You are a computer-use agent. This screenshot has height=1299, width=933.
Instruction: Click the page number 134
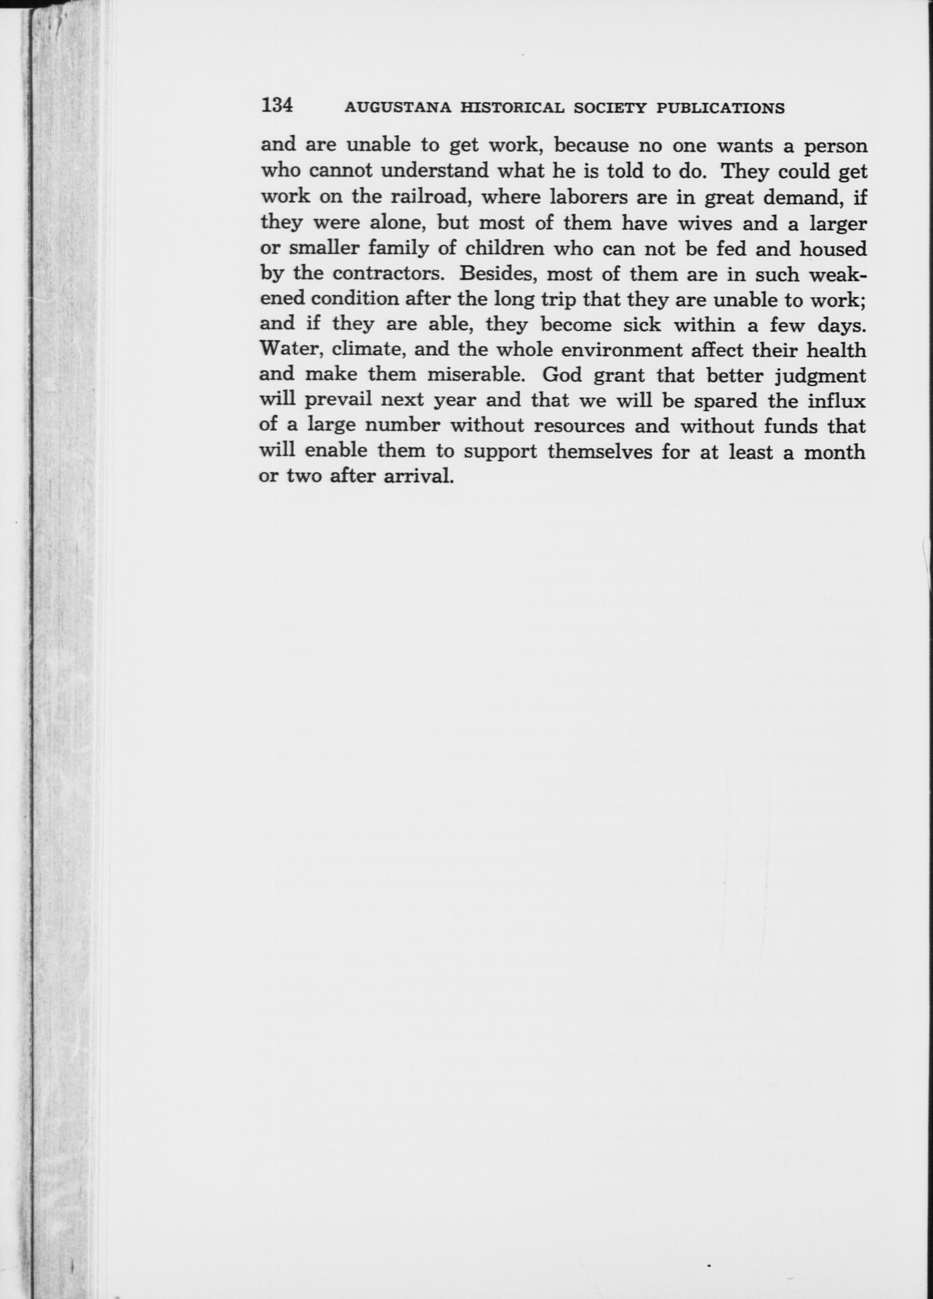click(278, 105)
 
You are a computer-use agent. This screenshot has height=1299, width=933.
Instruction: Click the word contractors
click(389, 274)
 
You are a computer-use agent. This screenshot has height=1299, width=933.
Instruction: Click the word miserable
click(477, 375)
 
